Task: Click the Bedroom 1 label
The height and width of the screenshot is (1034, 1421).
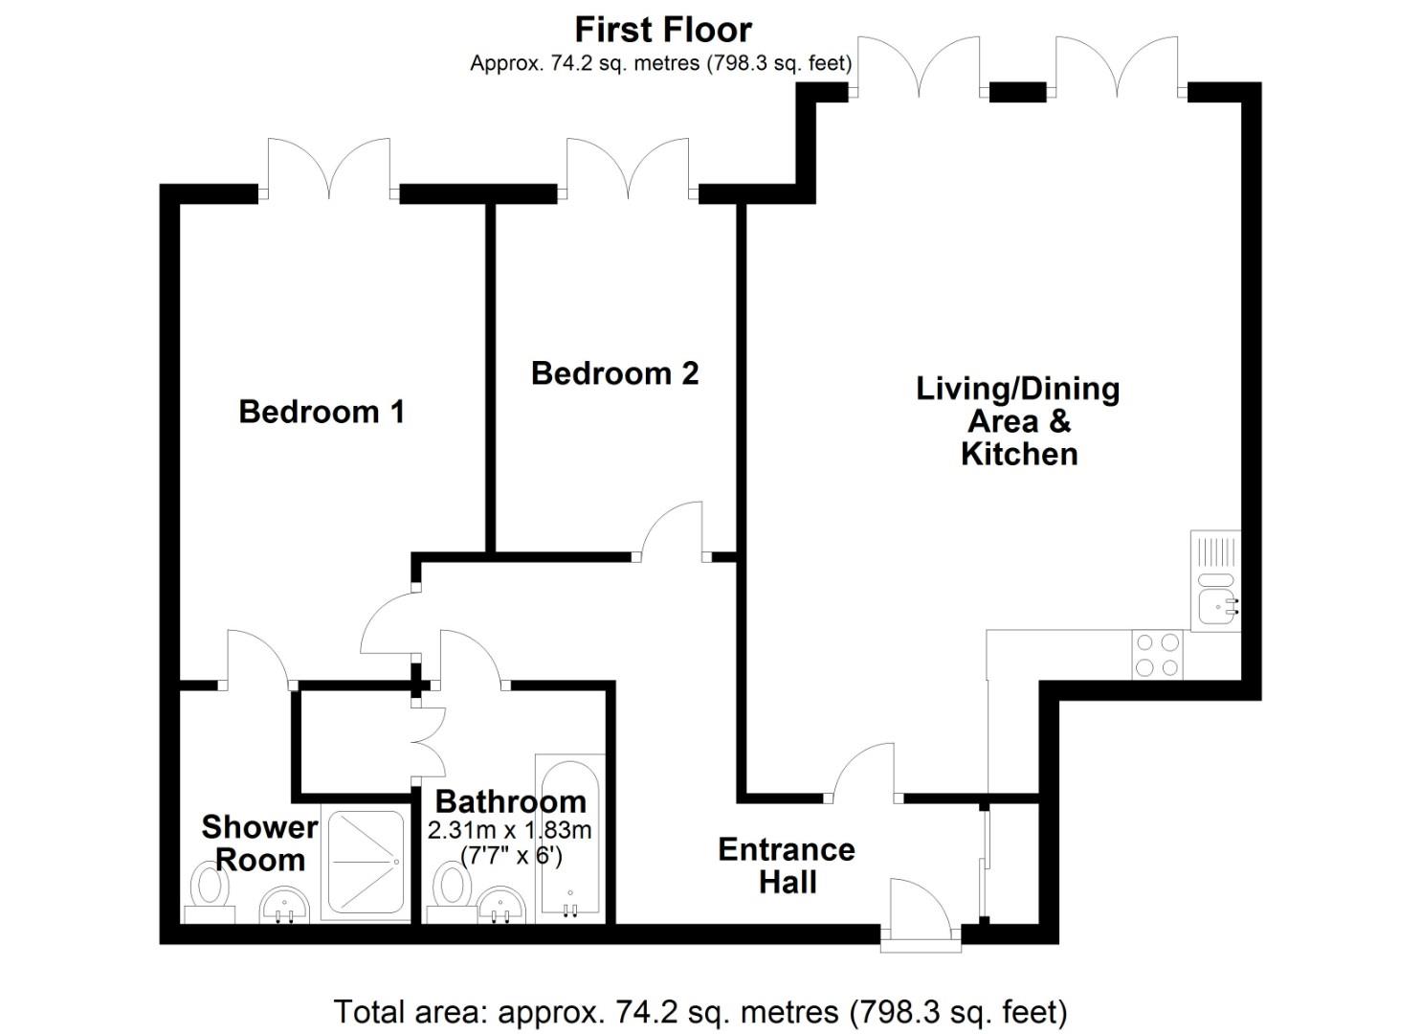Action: click(322, 412)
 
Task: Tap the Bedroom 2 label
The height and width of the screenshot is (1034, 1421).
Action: click(614, 372)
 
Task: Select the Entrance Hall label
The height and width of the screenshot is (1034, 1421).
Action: click(787, 865)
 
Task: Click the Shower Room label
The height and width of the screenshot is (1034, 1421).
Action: click(258, 843)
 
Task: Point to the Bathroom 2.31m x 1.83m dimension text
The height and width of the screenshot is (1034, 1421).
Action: click(510, 830)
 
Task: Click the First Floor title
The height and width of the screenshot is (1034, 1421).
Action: click(662, 30)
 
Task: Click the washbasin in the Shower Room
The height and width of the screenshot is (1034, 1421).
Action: click(284, 904)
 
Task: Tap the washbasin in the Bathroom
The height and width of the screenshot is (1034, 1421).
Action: click(502, 904)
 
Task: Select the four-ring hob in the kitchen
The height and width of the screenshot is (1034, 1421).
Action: click(1157, 655)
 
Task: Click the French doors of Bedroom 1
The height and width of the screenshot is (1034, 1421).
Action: click(329, 169)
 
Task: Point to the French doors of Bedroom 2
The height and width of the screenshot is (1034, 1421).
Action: click(628, 169)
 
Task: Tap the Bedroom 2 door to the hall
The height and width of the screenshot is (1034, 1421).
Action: click(673, 530)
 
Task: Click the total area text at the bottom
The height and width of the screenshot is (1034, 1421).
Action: click(699, 1011)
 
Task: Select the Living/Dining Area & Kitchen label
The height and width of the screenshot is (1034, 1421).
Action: click(1018, 421)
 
